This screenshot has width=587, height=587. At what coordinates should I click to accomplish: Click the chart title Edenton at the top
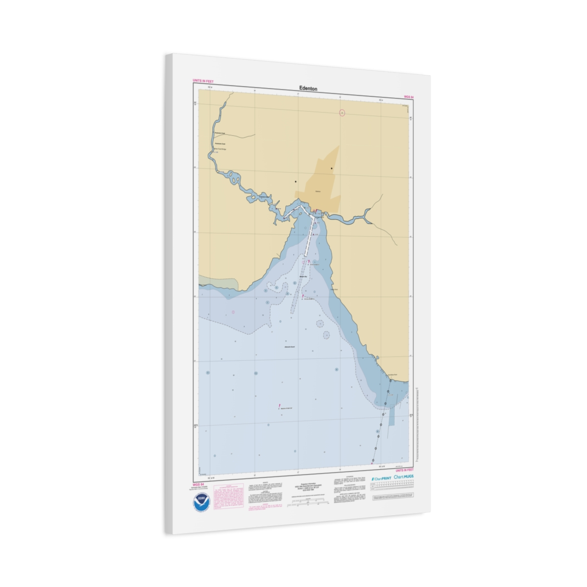(308, 89)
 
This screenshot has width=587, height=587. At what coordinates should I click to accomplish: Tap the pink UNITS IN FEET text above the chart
(203, 81)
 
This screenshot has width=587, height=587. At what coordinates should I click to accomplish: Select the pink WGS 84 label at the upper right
(408, 97)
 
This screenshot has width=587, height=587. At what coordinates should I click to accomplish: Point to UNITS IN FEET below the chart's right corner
(405, 470)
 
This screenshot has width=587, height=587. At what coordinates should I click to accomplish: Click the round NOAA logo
(202, 502)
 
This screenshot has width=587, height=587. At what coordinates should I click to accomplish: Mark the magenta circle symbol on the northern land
(342, 113)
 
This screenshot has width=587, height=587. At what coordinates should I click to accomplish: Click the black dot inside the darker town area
(331, 169)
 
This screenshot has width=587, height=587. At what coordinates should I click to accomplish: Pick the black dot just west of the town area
(295, 181)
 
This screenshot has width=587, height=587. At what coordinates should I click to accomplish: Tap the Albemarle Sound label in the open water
(290, 347)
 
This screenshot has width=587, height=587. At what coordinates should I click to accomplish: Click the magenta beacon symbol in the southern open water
(278, 406)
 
